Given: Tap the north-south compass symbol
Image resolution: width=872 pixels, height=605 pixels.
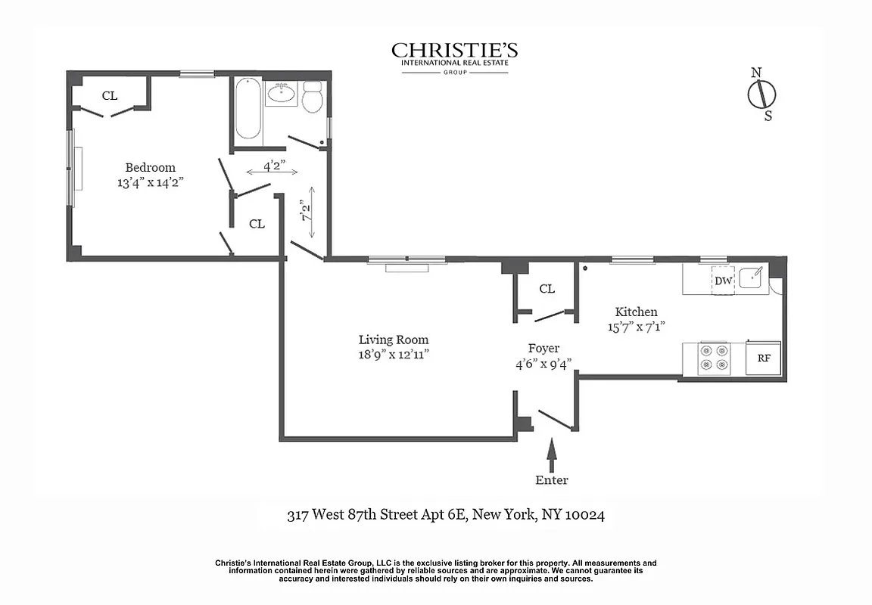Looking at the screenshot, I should [x=761, y=95].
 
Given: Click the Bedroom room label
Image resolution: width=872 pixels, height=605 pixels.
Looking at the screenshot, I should [x=150, y=168].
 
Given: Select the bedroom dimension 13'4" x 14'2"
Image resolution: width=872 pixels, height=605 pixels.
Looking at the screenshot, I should [x=150, y=182].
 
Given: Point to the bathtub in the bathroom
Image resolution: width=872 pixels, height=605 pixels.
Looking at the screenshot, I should [x=248, y=112].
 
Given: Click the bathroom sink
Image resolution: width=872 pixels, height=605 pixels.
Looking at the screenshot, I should [x=282, y=94].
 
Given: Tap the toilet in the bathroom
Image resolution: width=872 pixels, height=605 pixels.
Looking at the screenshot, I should [x=313, y=98].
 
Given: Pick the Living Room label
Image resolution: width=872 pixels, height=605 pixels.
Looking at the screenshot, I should [x=394, y=340].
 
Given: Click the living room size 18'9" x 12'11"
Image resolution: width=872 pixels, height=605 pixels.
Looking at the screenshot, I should [x=394, y=354].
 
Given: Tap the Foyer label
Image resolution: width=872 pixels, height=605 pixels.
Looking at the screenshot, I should [x=543, y=349].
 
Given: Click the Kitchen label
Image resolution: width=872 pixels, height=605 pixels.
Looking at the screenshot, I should [x=636, y=312].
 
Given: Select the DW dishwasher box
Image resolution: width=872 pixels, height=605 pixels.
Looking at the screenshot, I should [x=723, y=281].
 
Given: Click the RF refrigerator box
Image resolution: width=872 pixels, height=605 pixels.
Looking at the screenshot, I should [x=764, y=359].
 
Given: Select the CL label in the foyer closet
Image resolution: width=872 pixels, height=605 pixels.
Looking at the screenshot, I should [x=547, y=289].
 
